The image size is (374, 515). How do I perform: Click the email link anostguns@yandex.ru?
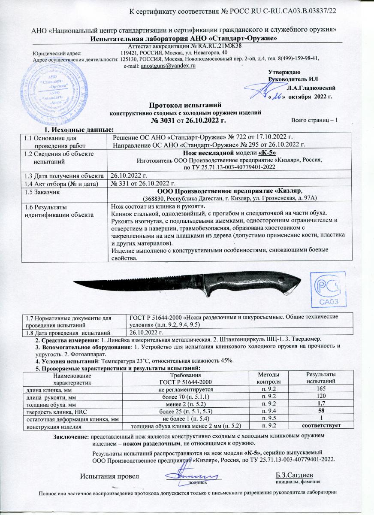tap(169, 66)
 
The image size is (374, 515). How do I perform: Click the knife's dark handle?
tap(249, 283)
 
